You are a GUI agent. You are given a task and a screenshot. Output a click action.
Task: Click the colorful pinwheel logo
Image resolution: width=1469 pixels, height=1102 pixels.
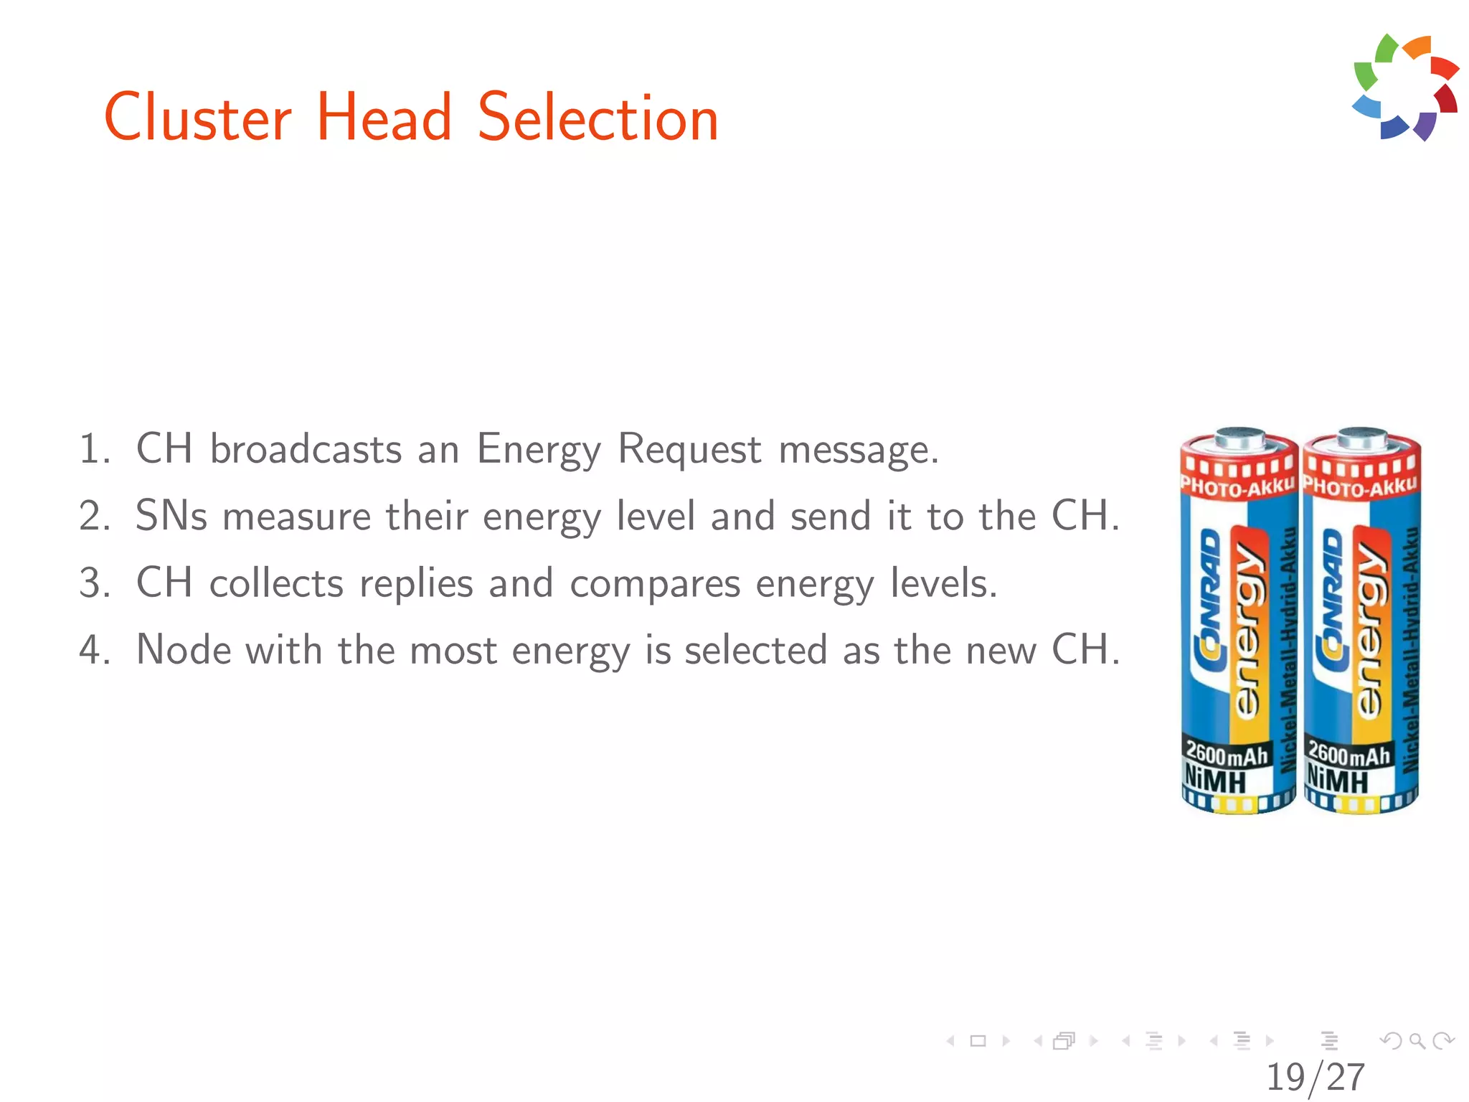[1405, 87]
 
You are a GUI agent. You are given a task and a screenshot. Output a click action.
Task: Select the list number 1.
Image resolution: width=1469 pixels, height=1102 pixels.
[93, 450]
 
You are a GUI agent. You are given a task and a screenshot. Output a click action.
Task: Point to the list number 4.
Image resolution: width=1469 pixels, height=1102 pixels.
[93, 650]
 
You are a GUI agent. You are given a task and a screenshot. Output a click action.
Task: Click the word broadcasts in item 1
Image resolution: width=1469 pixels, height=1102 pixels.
[306, 450]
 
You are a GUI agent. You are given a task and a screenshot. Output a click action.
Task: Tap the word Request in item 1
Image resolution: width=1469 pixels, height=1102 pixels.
[689, 450]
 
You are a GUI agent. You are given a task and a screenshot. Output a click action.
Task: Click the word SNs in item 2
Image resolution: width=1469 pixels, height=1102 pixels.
[171, 516]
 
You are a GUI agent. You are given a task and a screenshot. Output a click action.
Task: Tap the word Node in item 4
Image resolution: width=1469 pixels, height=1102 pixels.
[183, 650]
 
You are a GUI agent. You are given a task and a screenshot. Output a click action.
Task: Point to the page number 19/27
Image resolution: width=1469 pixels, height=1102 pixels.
[1315, 1077]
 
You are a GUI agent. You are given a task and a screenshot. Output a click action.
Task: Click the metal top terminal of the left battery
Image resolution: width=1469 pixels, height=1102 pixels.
[1239, 437]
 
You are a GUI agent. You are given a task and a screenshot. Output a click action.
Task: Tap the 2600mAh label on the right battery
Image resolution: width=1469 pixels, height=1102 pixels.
[1348, 753]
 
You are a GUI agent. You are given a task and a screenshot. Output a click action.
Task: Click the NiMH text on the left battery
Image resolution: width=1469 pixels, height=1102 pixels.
[1215, 779]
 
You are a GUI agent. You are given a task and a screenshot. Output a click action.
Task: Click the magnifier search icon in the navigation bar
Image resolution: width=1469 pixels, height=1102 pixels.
[1417, 1040]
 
